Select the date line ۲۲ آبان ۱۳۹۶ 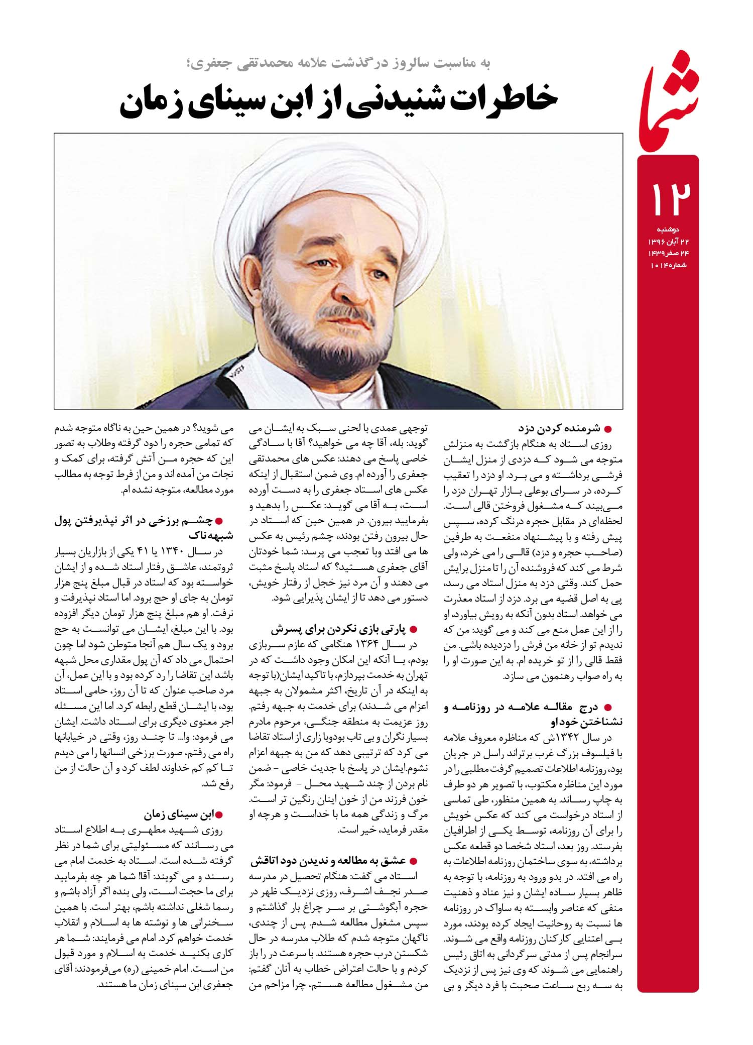coord(668,242)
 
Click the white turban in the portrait coord(321,186)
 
